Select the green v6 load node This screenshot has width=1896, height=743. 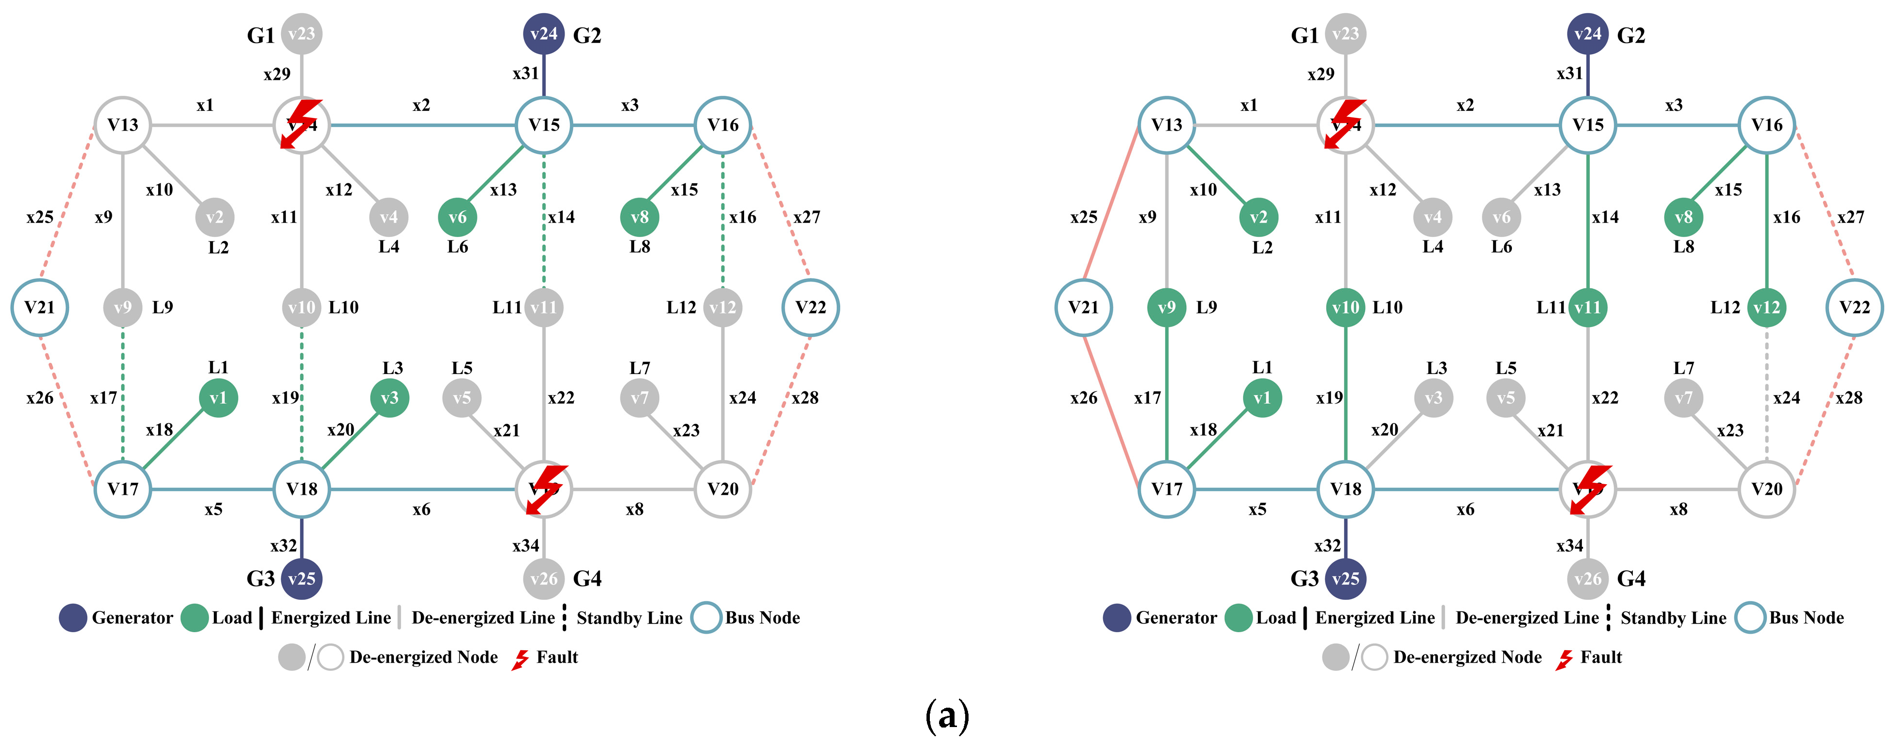(457, 217)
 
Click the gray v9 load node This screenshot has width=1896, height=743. (123, 308)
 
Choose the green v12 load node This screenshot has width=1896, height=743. (1766, 308)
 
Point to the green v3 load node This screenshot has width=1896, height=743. (389, 398)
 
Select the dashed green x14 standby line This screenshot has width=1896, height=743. (544, 221)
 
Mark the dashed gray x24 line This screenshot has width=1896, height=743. (1766, 397)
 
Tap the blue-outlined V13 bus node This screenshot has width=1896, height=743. (1166, 125)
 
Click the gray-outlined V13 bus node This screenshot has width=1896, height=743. (123, 125)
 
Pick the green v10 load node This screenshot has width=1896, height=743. (1345, 308)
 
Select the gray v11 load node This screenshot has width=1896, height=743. (544, 308)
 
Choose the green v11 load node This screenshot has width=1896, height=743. (1588, 308)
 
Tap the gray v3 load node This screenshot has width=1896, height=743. (1433, 398)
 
